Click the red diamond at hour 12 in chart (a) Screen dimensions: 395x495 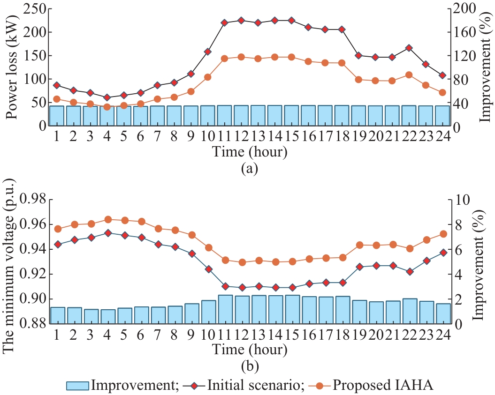click(241, 20)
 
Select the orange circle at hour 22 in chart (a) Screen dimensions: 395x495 click(409, 75)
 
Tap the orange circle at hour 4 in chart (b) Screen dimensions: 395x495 click(107, 219)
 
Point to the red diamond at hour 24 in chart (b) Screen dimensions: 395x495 click(442, 253)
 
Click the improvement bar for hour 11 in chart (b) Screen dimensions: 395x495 click(225, 309)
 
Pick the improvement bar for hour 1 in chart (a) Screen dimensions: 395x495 click(57, 116)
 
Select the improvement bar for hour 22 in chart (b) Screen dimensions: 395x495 click(409, 311)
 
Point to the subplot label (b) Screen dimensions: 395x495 click(249, 365)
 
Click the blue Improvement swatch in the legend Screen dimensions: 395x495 click(78, 386)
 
